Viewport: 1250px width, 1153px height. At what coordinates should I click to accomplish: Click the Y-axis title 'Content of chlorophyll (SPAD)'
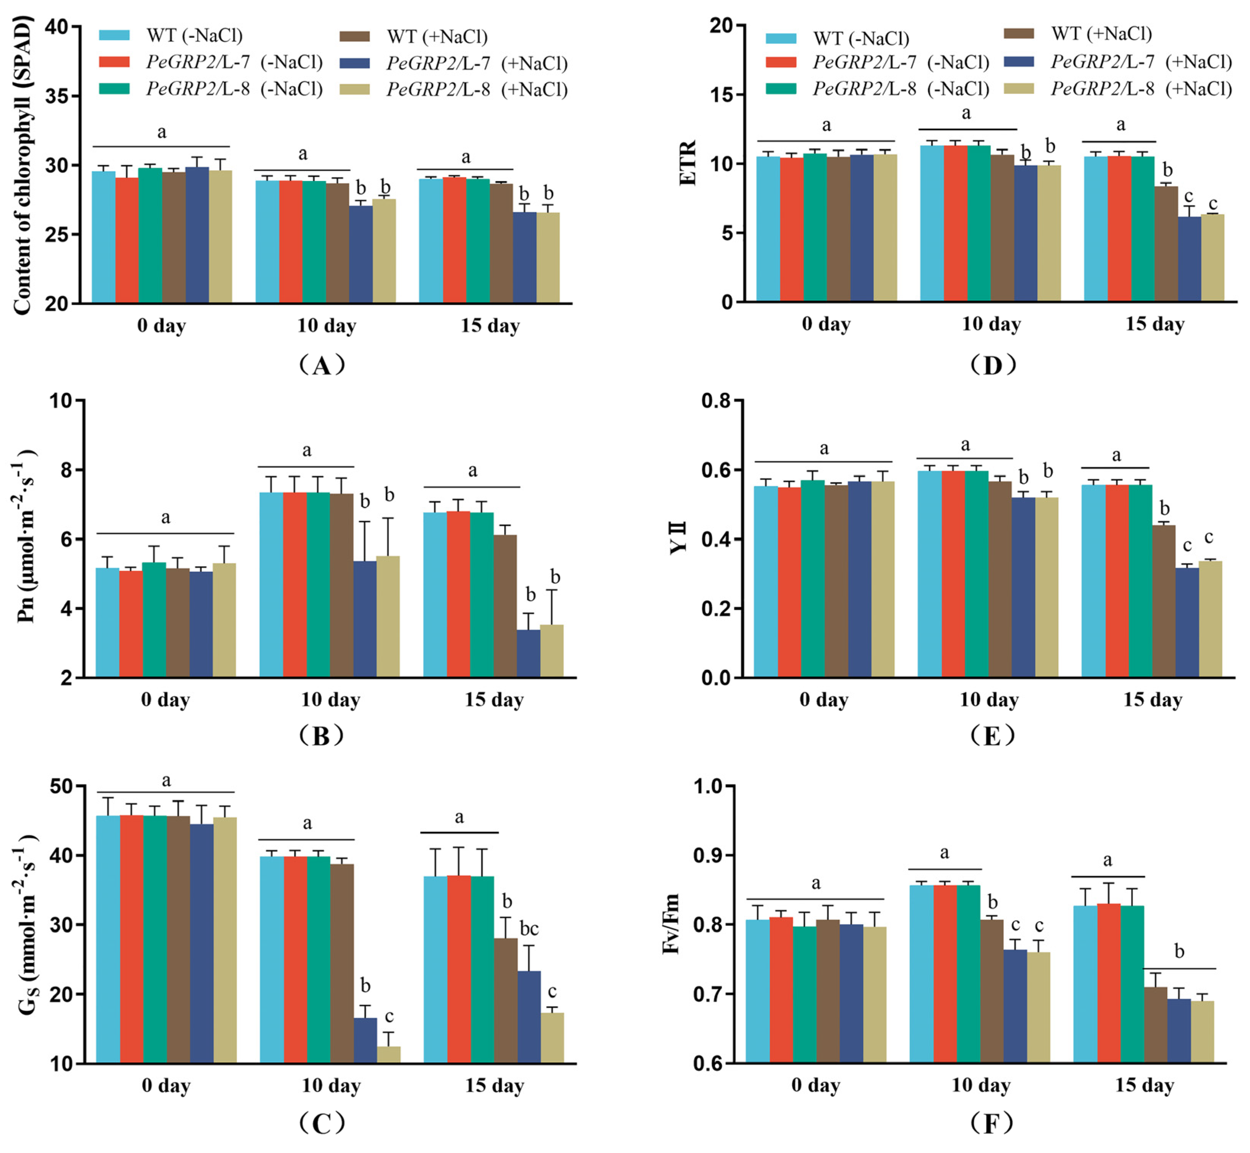[x=23, y=165]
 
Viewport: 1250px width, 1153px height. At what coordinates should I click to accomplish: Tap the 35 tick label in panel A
[x=58, y=96]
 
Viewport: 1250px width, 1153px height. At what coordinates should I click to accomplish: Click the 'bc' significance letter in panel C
[x=529, y=929]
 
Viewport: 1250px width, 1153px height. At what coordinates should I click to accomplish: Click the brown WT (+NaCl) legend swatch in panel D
[x=1019, y=33]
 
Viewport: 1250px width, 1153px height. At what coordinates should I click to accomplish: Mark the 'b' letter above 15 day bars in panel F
[x=1179, y=951]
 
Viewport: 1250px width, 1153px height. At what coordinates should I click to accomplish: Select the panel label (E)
[x=992, y=736]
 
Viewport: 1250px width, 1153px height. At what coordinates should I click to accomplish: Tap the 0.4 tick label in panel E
[x=716, y=539]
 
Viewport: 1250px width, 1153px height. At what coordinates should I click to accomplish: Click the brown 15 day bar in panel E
[x=1164, y=601]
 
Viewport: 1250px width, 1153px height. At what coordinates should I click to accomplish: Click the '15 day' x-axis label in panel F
[x=1145, y=1086]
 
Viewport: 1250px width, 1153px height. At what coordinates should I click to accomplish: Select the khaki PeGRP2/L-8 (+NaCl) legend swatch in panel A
[x=354, y=90]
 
